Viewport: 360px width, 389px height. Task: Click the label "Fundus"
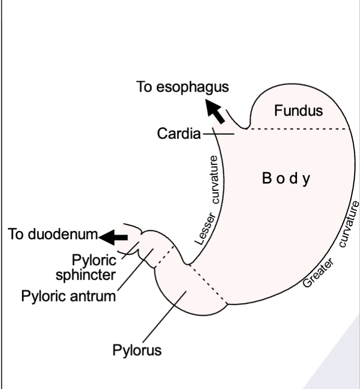(x=298, y=111)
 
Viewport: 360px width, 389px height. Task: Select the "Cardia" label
(x=178, y=134)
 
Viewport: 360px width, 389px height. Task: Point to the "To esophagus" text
(x=182, y=87)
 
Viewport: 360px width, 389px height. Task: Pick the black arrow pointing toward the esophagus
(x=215, y=111)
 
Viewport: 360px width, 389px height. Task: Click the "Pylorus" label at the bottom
(x=137, y=350)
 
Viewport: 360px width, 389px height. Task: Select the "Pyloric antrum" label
(x=68, y=296)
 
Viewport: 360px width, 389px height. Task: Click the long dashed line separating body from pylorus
(x=208, y=284)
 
